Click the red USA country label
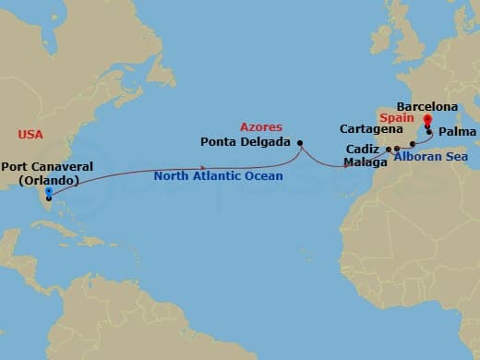[x=30, y=135]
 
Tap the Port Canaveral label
[x=45, y=168]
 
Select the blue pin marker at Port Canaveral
[x=48, y=192]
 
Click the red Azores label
[x=260, y=126]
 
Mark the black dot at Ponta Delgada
[x=300, y=142]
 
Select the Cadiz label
[x=361, y=148]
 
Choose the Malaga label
[x=359, y=162]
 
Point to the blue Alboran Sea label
[x=429, y=157]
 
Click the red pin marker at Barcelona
[x=427, y=120]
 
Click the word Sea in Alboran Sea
[x=455, y=157]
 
